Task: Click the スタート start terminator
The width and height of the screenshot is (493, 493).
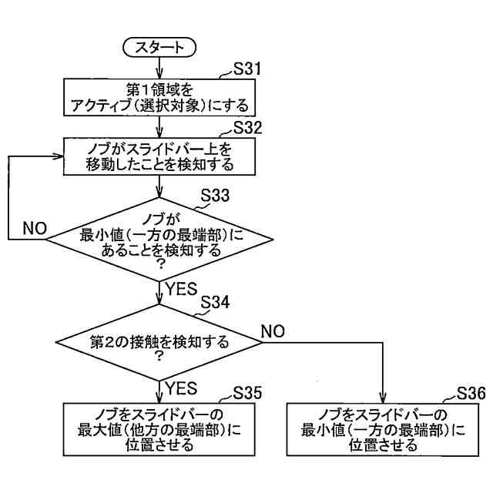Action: pos(159,48)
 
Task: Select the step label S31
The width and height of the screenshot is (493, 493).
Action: pos(247,69)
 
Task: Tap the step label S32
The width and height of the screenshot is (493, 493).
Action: pos(247,128)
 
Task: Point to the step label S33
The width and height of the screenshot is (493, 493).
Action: pos(215,195)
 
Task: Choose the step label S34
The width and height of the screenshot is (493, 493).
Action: pos(215,303)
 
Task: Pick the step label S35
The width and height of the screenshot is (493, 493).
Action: pos(247,393)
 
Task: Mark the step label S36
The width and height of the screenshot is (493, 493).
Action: pos(471,393)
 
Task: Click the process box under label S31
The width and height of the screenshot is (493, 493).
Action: pos(159,98)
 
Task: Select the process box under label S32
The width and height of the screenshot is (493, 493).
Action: pos(159,156)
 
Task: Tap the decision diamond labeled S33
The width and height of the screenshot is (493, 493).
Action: pos(159,240)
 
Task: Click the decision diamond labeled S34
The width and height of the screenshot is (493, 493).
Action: pos(159,342)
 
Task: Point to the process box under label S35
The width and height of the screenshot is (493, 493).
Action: pos(159,429)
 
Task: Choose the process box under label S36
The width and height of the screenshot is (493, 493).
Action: pos(383,429)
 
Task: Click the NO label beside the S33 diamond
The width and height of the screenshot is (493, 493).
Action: pos(35,229)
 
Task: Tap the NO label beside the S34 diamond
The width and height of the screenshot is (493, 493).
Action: pos(273,331)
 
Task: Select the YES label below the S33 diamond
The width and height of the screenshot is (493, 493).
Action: pos(182,289)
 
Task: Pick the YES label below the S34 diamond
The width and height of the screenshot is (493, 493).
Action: pos(182,388)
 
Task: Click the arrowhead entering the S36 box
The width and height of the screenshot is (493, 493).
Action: pos(383,399)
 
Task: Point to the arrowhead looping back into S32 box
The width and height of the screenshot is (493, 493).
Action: pos(58,156)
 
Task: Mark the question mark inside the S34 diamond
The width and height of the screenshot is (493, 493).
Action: pos(159,356)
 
